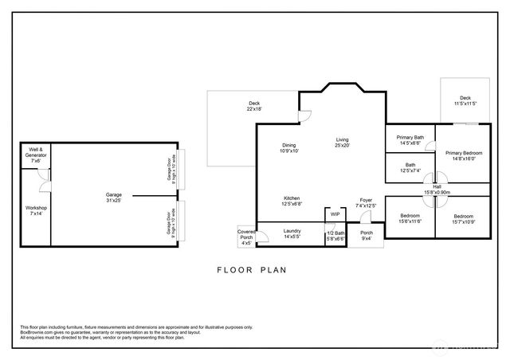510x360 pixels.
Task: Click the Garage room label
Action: tap(113, 194)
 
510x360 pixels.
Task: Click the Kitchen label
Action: tap(292, 199)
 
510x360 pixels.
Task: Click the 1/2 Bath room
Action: tap(335, 236)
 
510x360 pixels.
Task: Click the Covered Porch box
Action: tap(246, 237)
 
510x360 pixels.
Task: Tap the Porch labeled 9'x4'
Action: tap(367, 236)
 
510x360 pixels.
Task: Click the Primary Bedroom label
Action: tap(464, 155)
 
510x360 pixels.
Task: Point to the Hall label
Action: tap(437, 189)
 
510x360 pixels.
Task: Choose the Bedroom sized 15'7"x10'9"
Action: tap(464, 219)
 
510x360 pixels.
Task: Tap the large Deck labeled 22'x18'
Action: tap(254, 106)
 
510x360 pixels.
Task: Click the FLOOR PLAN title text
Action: tap(251, 270)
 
